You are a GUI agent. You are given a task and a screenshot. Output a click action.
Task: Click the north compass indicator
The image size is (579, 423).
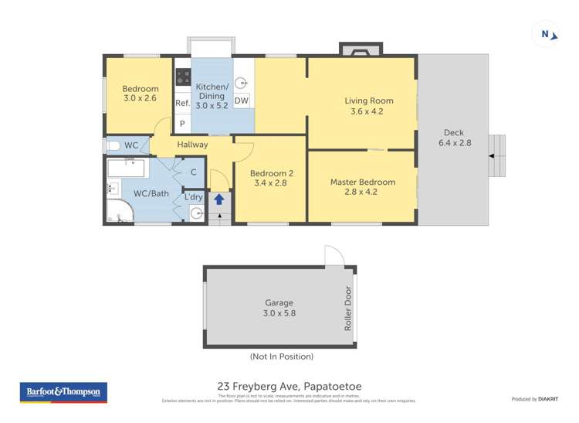(x=546, y=34)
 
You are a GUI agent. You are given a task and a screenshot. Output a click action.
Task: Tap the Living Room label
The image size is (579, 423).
(x=368, y=106)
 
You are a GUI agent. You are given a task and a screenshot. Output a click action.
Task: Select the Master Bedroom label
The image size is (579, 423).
(x=362, y=187)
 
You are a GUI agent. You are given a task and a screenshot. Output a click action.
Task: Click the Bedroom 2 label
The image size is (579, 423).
(x=269, y=179)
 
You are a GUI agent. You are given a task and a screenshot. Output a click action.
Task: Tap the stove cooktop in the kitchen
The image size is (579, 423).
(x=183, y=77)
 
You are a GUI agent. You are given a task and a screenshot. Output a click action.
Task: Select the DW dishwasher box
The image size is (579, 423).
(x=241, y=101)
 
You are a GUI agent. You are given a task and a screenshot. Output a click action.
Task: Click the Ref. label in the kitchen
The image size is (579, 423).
(x=182, y=103)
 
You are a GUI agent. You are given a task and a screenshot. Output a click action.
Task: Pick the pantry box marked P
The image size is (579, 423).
(x=182, y=124)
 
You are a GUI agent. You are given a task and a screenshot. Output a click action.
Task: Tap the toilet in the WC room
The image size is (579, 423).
(x=113, y=145)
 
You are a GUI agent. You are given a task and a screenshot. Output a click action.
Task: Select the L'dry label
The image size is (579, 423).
(x=193, y=197)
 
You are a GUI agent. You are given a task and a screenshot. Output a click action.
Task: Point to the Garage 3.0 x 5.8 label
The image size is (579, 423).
(x=279, y=309)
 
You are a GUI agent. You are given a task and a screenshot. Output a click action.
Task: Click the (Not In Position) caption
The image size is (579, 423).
(x=281, y=356)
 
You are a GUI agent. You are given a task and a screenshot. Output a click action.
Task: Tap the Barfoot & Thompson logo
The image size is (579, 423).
(x=63, y=392)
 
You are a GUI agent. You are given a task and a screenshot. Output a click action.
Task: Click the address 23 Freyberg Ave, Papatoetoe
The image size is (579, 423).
(x=289, y=386)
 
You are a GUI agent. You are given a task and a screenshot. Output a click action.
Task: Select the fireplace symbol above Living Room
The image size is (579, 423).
(x=359, y=51)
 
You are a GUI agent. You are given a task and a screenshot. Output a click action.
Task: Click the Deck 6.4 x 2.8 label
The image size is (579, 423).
(x=454, y=138)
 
